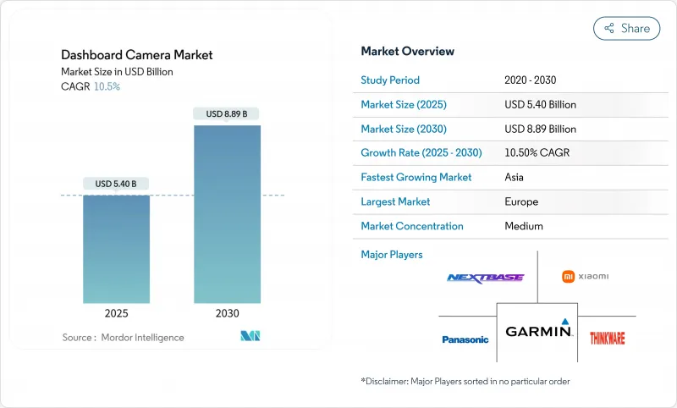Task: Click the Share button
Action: coord(626,28)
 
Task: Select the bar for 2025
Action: coord(116,249)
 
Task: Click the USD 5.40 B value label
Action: coord(116,184)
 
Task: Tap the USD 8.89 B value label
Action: coord(227,113)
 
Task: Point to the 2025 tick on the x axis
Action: coord(116,313)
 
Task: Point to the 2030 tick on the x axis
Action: coord(227,313)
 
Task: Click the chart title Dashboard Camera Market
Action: coord(137,55)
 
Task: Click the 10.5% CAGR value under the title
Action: coord(106,86)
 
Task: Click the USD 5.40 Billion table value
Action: coord(540,105)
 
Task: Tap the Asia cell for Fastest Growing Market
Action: coord(515,178)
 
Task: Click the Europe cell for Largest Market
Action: coord(520,202)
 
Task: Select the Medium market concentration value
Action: coord(523,226)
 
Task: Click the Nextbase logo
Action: coord(485,278)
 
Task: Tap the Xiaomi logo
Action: coord(586,276)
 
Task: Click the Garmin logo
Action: coord(538,331)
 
